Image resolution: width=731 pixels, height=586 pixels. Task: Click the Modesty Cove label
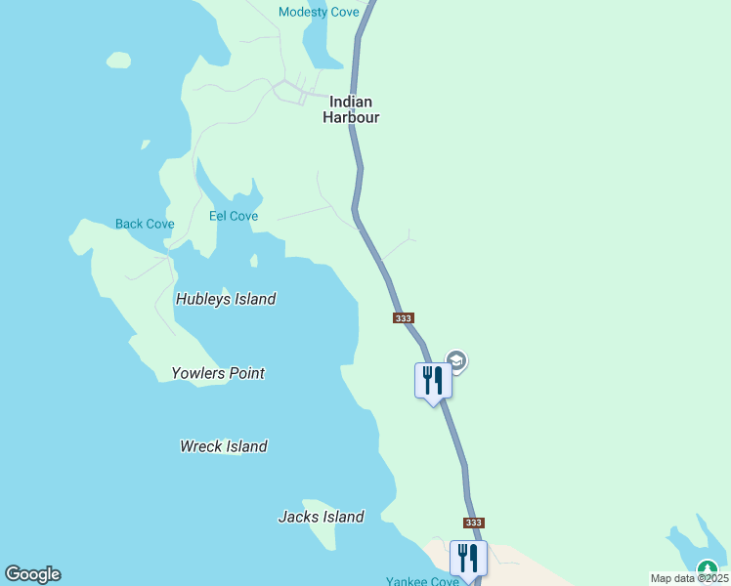319,12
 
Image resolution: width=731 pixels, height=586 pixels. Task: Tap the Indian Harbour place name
351,108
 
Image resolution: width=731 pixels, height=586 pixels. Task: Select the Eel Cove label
234,216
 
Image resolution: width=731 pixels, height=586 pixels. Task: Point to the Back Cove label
145,224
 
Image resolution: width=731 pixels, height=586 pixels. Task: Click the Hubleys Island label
226,299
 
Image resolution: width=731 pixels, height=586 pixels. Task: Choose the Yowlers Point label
218,373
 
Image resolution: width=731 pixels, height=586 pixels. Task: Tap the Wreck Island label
224,446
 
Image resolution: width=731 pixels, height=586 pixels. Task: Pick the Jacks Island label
322,517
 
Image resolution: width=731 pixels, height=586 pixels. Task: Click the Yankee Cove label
422,581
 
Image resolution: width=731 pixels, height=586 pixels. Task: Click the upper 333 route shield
405,318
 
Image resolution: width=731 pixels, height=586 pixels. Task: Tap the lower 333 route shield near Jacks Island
474,523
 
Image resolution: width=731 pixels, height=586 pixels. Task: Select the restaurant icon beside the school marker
433,380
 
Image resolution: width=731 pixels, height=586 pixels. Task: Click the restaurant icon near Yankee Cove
468,559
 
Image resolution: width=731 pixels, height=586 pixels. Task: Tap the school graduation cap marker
455,361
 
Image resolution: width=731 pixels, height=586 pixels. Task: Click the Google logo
32,574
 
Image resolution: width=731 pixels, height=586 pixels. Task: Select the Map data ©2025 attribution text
689,578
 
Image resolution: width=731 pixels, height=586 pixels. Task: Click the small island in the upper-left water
118,61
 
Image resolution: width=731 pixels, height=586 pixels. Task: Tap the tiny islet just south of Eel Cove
254,261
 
